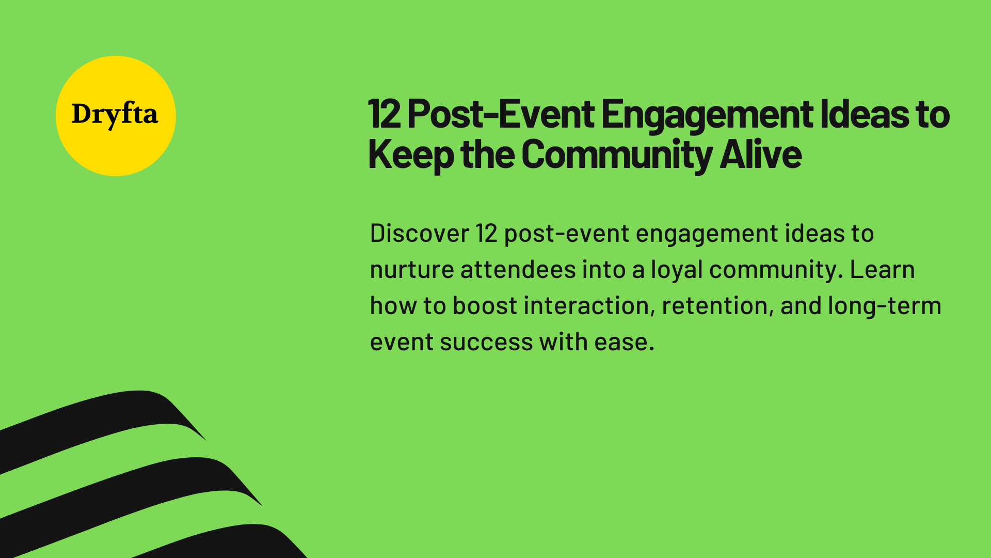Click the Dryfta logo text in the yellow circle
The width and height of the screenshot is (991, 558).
(x=115, y=115)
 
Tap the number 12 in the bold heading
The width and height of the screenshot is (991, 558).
(x=384, y=114)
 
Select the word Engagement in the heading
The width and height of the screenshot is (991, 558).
(x=707, y=114)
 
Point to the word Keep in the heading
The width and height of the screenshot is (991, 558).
(x=410, y=154)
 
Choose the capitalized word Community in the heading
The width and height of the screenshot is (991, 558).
(x=617, y=154)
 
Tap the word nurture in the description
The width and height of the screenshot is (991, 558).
(x=411, y=270)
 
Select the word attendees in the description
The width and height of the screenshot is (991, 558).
(x=518, y=270)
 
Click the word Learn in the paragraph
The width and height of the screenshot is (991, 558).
(x=882, y=270)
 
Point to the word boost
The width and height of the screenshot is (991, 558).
(x=485, y=306)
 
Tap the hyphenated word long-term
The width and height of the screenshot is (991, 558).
(x=884, y=306)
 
